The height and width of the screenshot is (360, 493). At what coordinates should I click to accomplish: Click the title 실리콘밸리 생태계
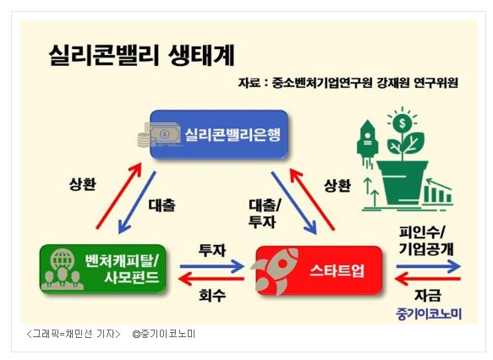[141, 55]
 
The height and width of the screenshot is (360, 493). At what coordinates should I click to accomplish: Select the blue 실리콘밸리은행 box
[219, 134]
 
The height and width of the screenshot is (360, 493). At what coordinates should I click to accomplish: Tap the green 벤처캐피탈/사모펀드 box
[103, 269]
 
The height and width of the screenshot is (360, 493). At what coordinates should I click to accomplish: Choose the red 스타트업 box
[319, 270]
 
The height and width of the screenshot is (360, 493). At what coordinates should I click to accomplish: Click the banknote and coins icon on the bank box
[160, 135]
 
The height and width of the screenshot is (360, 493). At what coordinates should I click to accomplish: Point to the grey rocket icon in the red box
[275, 270]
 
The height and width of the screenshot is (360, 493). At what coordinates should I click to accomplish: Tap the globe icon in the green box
[63, 259]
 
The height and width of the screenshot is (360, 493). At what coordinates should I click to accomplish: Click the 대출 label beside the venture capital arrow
[162, 205]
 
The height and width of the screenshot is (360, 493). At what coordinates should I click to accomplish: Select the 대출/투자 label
[264, 214]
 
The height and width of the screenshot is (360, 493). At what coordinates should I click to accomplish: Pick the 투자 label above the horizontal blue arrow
[212, 250]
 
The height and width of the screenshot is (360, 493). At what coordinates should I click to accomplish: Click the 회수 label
[212, 295]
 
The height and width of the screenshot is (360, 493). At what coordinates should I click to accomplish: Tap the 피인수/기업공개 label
[426, 240]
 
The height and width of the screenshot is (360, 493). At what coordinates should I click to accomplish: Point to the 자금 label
[428, 295]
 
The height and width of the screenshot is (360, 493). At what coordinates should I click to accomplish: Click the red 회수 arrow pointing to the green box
[211, 279]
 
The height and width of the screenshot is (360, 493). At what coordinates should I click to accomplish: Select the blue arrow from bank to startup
[293, 203]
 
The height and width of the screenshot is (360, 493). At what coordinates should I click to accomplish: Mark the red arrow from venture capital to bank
[119, 195]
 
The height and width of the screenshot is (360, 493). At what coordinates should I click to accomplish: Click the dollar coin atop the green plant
[403, 123]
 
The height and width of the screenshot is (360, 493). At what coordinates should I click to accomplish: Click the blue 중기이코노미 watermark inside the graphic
[429, 314]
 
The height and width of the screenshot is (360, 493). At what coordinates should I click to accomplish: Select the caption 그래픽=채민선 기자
[74, 334]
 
